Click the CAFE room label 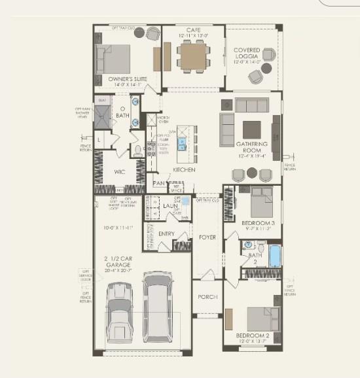193,30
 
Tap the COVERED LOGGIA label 247,54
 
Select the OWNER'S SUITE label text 127,79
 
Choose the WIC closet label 120,172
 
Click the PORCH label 207,297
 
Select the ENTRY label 166,234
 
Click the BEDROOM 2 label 252,336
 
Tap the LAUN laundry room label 171,207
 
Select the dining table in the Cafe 193,53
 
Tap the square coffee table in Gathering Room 252,129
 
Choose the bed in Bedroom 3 261,203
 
